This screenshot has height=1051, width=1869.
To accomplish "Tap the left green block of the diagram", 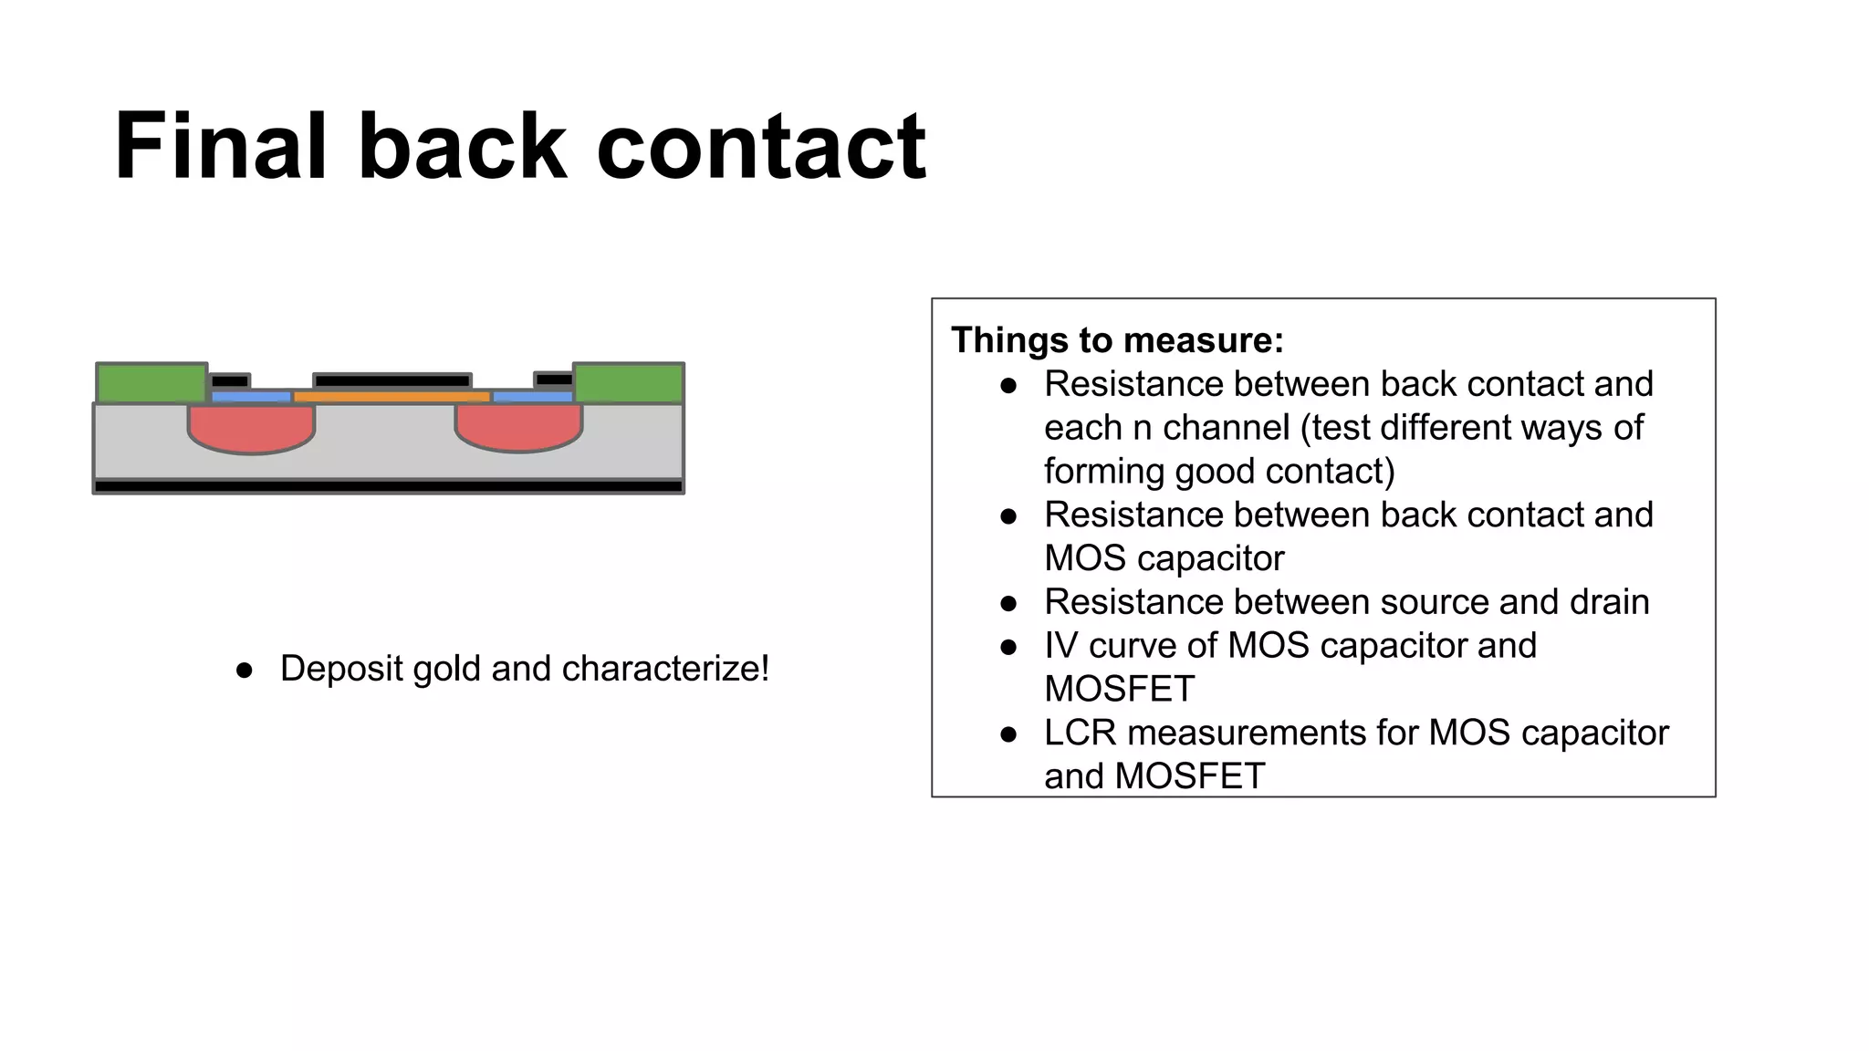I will [151, 383].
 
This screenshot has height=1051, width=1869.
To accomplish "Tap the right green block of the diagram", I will [629, 383].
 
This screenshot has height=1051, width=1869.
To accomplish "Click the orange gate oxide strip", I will [392, 397].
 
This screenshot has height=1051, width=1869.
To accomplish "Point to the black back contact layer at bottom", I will [389, 486].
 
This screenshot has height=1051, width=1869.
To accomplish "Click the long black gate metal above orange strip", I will [392, 380].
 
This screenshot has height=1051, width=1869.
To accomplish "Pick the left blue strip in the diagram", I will [251, 397].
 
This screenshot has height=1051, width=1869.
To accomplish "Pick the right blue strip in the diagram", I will [533, 397].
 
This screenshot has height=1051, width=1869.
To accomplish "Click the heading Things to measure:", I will [1117, 340].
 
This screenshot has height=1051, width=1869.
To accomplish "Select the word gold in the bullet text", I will [446, 669].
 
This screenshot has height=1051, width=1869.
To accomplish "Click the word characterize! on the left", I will [665, 669].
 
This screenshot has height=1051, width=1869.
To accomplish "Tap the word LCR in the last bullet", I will [1080, 733].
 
